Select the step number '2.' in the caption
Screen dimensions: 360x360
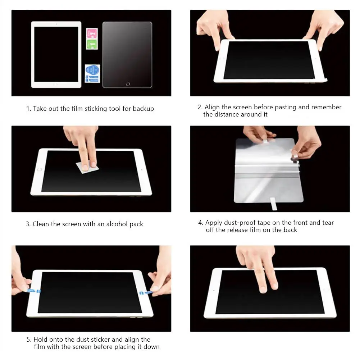200,107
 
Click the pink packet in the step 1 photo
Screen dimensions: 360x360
92,34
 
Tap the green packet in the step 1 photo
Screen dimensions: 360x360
92,44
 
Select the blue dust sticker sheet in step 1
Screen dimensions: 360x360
92,73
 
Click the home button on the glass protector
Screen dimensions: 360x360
128,84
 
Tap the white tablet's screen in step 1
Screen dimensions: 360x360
56,54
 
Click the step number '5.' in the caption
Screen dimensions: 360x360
29,339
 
